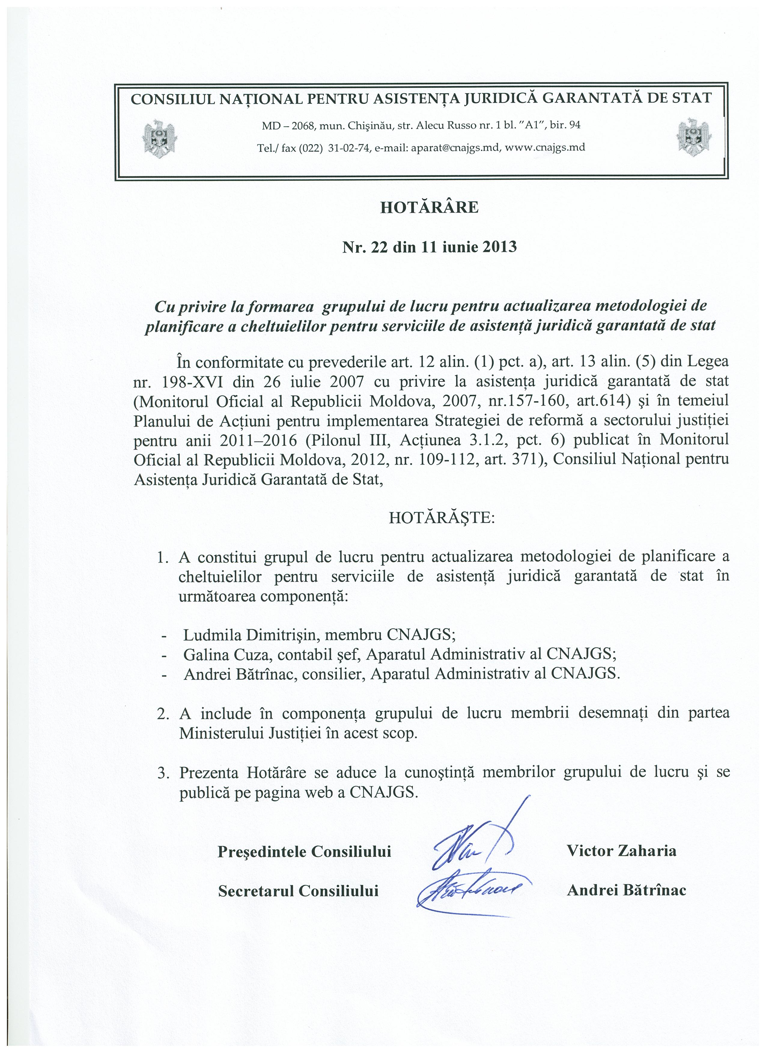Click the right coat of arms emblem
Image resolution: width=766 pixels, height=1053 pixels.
pos(694,138)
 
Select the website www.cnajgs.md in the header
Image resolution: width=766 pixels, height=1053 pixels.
pos(545,148)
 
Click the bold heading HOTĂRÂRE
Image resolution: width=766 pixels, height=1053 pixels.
pos(429,207)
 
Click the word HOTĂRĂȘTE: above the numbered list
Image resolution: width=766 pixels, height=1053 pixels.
pos(442,517)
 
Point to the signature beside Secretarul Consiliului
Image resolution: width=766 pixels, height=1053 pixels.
pos(469,891)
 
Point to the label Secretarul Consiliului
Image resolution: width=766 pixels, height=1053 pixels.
pos(298,891)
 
